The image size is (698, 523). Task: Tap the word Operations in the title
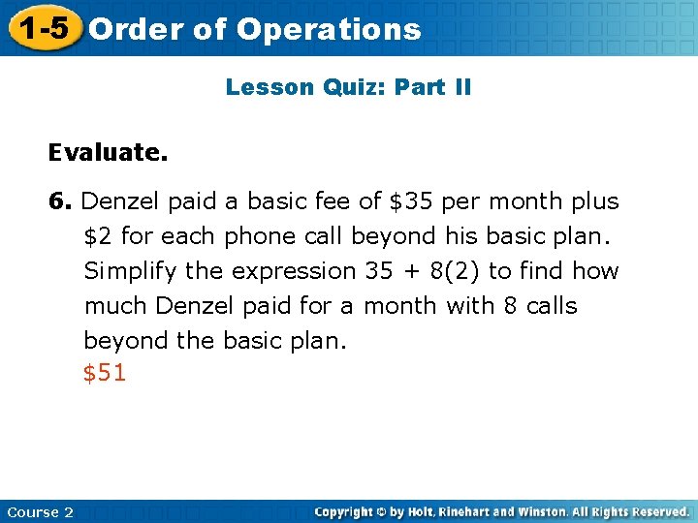point(329,30)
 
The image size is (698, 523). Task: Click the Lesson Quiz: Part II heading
point(348,87)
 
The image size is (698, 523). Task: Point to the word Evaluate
point(108,152)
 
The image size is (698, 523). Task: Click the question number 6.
point(60,201)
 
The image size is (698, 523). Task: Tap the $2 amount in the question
point(98,236)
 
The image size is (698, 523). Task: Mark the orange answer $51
point(105,374)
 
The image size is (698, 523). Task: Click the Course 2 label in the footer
point(39,511)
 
